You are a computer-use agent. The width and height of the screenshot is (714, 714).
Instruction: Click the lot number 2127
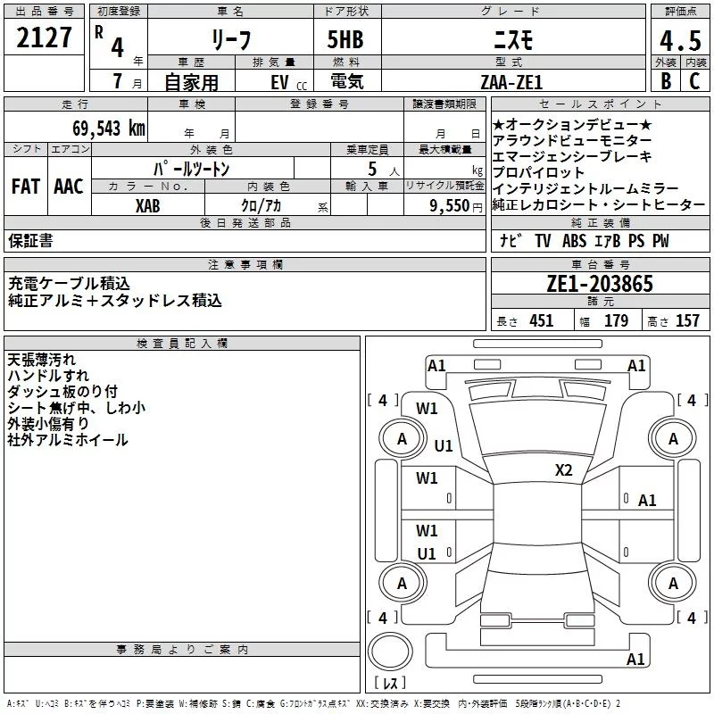coord(44,37)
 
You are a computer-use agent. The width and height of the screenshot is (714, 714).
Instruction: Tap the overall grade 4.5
coord(680,40)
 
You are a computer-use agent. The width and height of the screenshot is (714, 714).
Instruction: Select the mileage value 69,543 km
coord(109,129)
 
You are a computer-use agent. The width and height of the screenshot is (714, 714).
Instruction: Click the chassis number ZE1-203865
coord(600,284)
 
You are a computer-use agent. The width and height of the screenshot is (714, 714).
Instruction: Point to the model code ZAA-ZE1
coord(511,82)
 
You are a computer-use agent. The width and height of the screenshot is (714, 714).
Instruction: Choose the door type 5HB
coord(345,39)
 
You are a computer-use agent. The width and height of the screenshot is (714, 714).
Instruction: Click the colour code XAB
coord(148,206)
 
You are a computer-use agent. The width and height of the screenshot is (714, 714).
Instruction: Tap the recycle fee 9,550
coord(450,205)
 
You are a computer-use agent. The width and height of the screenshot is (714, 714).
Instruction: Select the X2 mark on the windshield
coord(563,469)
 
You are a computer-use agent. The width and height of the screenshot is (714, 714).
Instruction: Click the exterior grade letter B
coord(666,81)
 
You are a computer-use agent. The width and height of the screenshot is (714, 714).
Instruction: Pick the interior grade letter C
coord(694,81)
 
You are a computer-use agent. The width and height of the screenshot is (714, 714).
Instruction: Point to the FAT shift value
coord(26,187)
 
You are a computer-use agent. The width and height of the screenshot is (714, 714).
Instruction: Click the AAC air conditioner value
coord(69,187)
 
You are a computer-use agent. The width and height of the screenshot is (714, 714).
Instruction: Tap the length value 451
coord(542,320)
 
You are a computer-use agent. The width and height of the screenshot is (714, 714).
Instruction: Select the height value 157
coord(687,320)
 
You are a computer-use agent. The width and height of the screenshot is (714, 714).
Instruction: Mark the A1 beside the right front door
coord(646,501)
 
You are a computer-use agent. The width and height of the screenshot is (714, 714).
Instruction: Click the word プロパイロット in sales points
coord(538,172)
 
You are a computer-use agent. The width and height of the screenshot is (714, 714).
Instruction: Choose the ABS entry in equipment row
coord(574,240)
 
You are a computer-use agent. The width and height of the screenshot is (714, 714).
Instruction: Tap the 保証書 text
coord(30,240)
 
